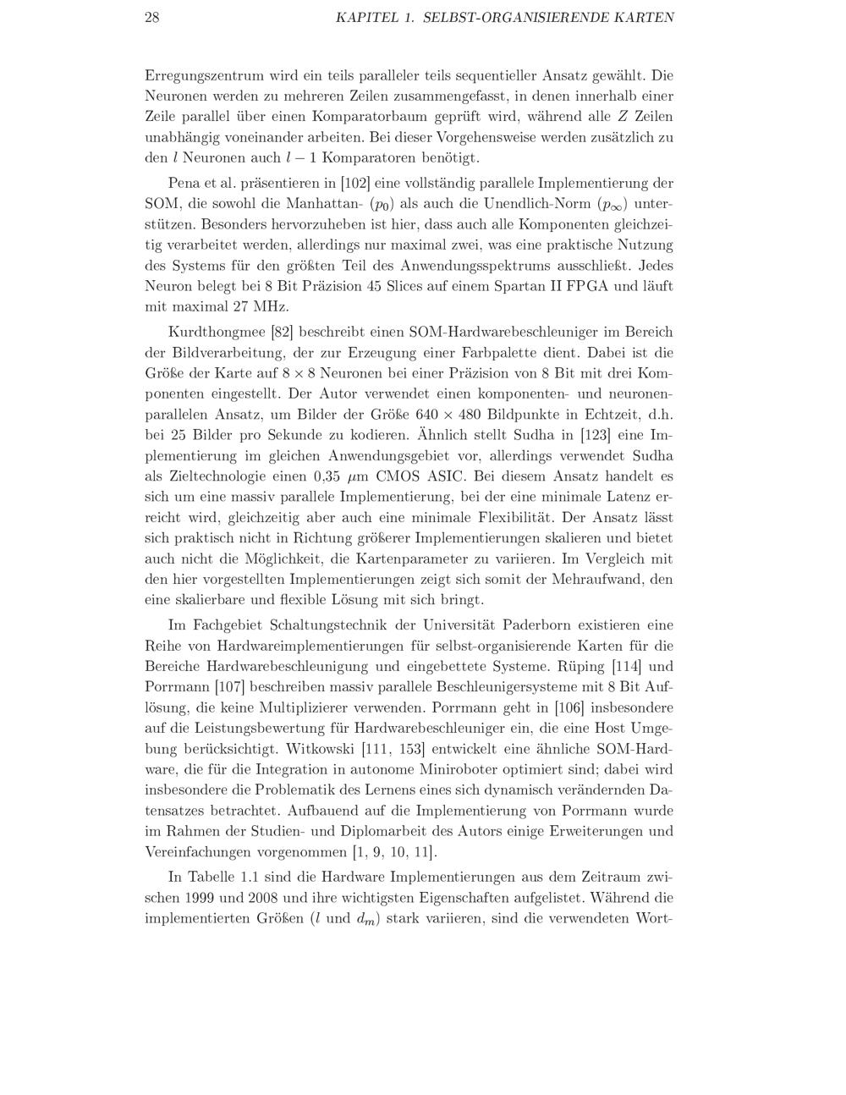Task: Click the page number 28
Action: pos(152,17)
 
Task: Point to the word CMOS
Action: pos(399,476)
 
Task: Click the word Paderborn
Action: pos(543,625)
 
